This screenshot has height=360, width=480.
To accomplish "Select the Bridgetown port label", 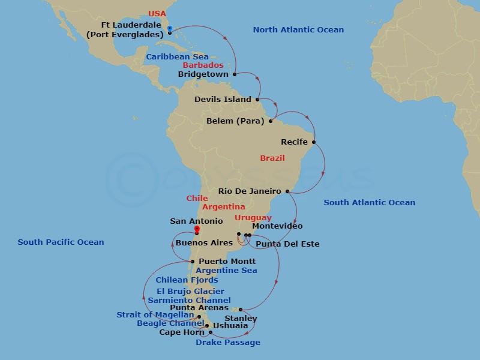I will [203, 74].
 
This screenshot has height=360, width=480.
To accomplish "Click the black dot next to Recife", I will [314, 142].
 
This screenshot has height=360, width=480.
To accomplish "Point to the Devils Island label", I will [223, 100].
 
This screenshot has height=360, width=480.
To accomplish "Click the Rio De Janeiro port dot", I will [288, 191].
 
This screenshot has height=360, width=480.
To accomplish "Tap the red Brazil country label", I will [272, 158].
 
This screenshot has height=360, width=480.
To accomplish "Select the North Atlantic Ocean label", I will [298, 30].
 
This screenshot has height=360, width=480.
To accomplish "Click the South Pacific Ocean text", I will [61, 242].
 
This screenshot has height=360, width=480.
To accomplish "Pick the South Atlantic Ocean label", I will [369, 203].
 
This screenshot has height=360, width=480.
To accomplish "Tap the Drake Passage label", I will [228, 343].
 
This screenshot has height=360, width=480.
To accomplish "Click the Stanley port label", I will [241, 318].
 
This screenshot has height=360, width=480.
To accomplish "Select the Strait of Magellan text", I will [155, 315].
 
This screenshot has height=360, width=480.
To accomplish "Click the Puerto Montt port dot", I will [192, 262].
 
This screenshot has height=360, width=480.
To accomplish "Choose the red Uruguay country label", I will [253, 218].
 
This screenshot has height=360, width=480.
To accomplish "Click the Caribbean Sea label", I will [177, 56].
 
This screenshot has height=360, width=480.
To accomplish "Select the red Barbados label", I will [203, 65].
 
